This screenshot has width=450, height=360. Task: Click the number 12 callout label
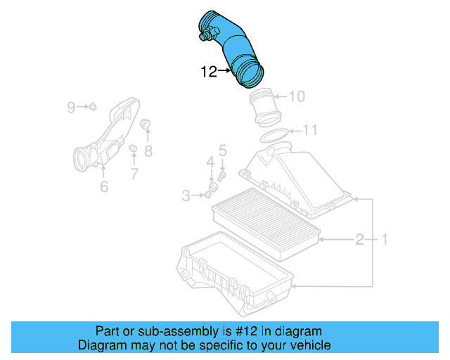(x=209, y=71)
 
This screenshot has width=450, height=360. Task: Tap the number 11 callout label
(x=309, y=129)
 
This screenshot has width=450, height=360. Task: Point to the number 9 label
(x=71, y=107)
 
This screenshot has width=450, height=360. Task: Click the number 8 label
(x=148, y=150)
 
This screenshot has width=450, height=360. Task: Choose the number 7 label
(x=134, y=173)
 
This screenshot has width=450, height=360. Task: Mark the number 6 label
(x=103, y=186)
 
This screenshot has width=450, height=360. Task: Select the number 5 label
(x=222, y=150)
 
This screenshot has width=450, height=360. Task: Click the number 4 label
(x=210, y=163)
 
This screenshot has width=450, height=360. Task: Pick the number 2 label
(x=359, y=240)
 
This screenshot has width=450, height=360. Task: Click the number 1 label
(x=384, y=240)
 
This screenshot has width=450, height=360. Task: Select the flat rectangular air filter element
(x=266, y=219)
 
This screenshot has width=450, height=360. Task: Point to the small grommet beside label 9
(x=92, y=107)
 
